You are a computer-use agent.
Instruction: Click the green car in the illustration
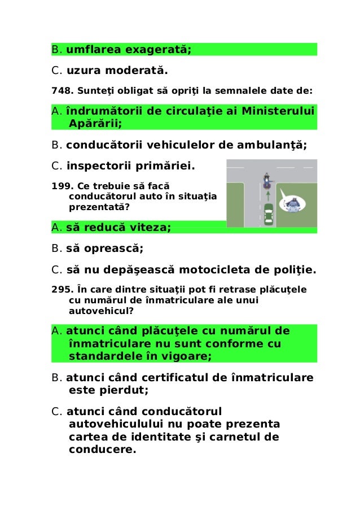[x=268, y=215]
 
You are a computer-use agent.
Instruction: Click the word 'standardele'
[x=106, y=356]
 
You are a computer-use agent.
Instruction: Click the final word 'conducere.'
[x=102, y=450]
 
